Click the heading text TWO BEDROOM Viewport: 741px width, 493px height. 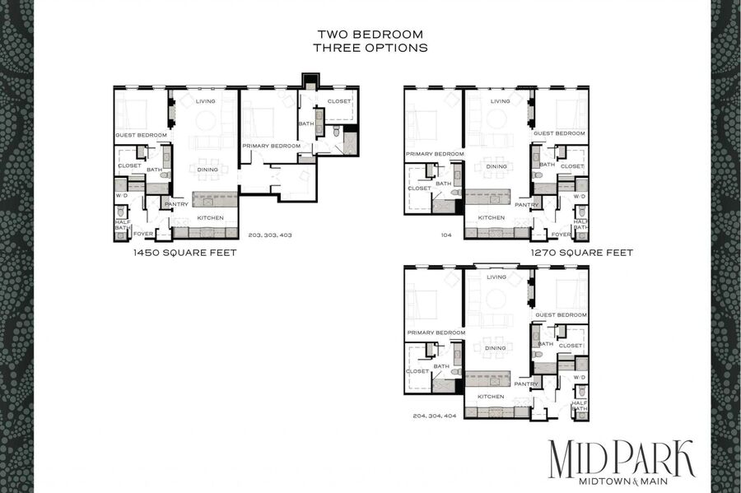click(370, 35)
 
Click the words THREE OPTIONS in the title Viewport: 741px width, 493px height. click(370, 48)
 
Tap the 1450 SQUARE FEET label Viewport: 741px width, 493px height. click(184, 253)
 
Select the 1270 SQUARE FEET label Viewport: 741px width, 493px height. click(582, 253)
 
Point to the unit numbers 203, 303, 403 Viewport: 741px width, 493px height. click(270, 235)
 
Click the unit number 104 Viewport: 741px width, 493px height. click(446, 235)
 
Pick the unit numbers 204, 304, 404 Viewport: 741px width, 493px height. click(434, 416)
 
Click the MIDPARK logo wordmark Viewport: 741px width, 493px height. click(622, 458)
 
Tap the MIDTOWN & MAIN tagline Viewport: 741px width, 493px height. click(623, 481)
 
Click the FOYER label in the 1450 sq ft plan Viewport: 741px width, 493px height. click(143, 234)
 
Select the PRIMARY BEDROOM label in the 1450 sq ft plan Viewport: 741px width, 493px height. click(271, 146)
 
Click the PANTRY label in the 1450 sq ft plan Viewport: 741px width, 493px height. click(176, 204)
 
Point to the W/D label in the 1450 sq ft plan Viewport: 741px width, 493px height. click(122, 195)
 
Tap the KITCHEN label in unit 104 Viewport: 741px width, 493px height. click(492, 218)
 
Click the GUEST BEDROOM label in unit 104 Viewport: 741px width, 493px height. click(559, 133)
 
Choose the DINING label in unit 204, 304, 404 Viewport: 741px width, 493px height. click(496, 348)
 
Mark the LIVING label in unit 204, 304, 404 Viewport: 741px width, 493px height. click(496, 277)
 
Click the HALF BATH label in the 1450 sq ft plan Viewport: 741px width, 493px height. click(123, 225)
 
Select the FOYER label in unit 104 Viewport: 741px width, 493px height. click(561, 235)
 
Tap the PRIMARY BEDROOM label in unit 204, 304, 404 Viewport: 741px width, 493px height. click(436, 333)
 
